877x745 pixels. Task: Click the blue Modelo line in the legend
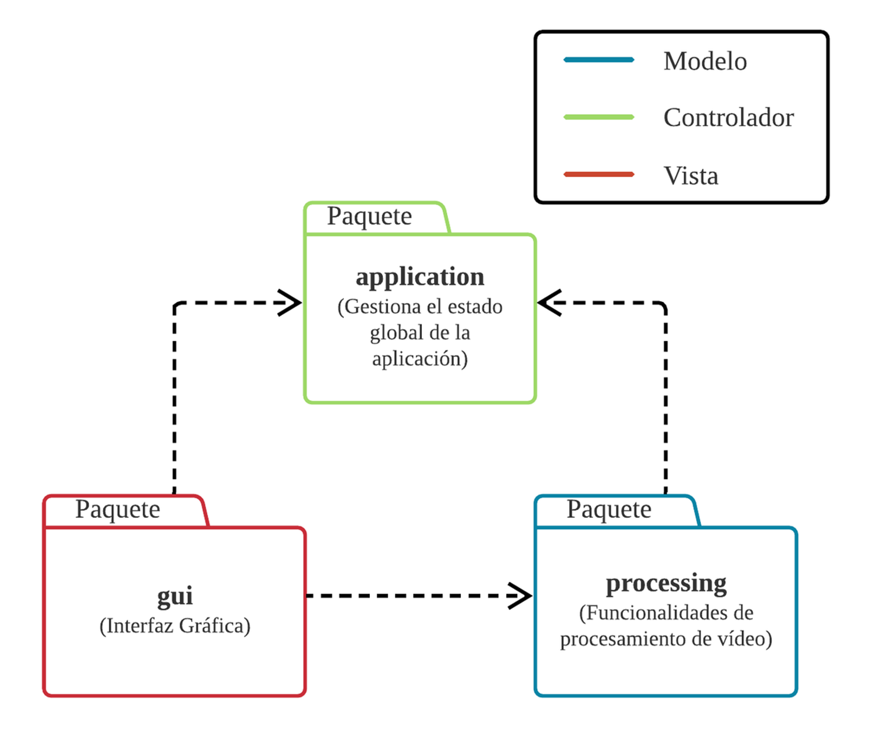point(599,60)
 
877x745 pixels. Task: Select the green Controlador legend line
point(599,117)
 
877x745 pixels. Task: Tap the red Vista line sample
point(599,174)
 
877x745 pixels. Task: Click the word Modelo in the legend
point(704,61)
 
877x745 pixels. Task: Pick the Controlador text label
point(728,118)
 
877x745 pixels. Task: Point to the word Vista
point(690,176)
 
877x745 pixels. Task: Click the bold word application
point(420,277)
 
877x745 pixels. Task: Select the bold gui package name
point(175,596)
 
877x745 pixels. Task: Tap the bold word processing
point(666,584)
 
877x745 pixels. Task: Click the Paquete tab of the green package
point(369,216)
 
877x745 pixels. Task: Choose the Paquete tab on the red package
point(118,510)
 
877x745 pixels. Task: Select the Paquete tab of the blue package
point(609,510)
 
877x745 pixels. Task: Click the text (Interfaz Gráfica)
point(175,626)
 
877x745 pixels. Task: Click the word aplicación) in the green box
point(420,359)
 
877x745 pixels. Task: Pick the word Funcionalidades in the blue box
point(658,613)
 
